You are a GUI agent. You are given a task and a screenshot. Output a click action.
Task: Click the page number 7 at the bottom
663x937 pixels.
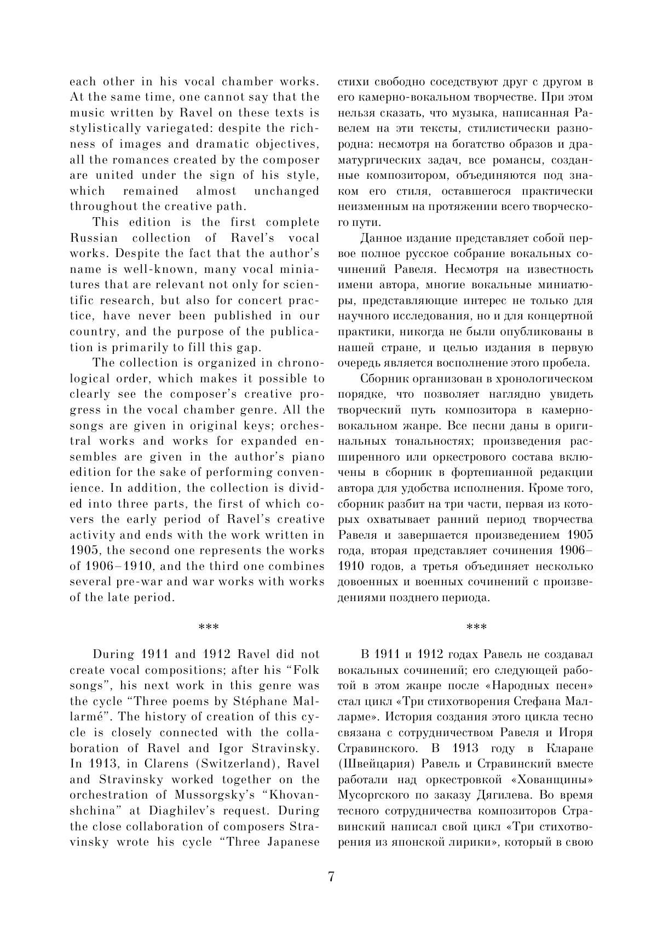[x=331, y=876]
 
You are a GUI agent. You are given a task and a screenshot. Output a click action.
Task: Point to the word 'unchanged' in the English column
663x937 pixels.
[x=286, y=191]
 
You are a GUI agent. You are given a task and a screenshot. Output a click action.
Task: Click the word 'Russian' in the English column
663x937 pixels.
[x=94, y=238]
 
